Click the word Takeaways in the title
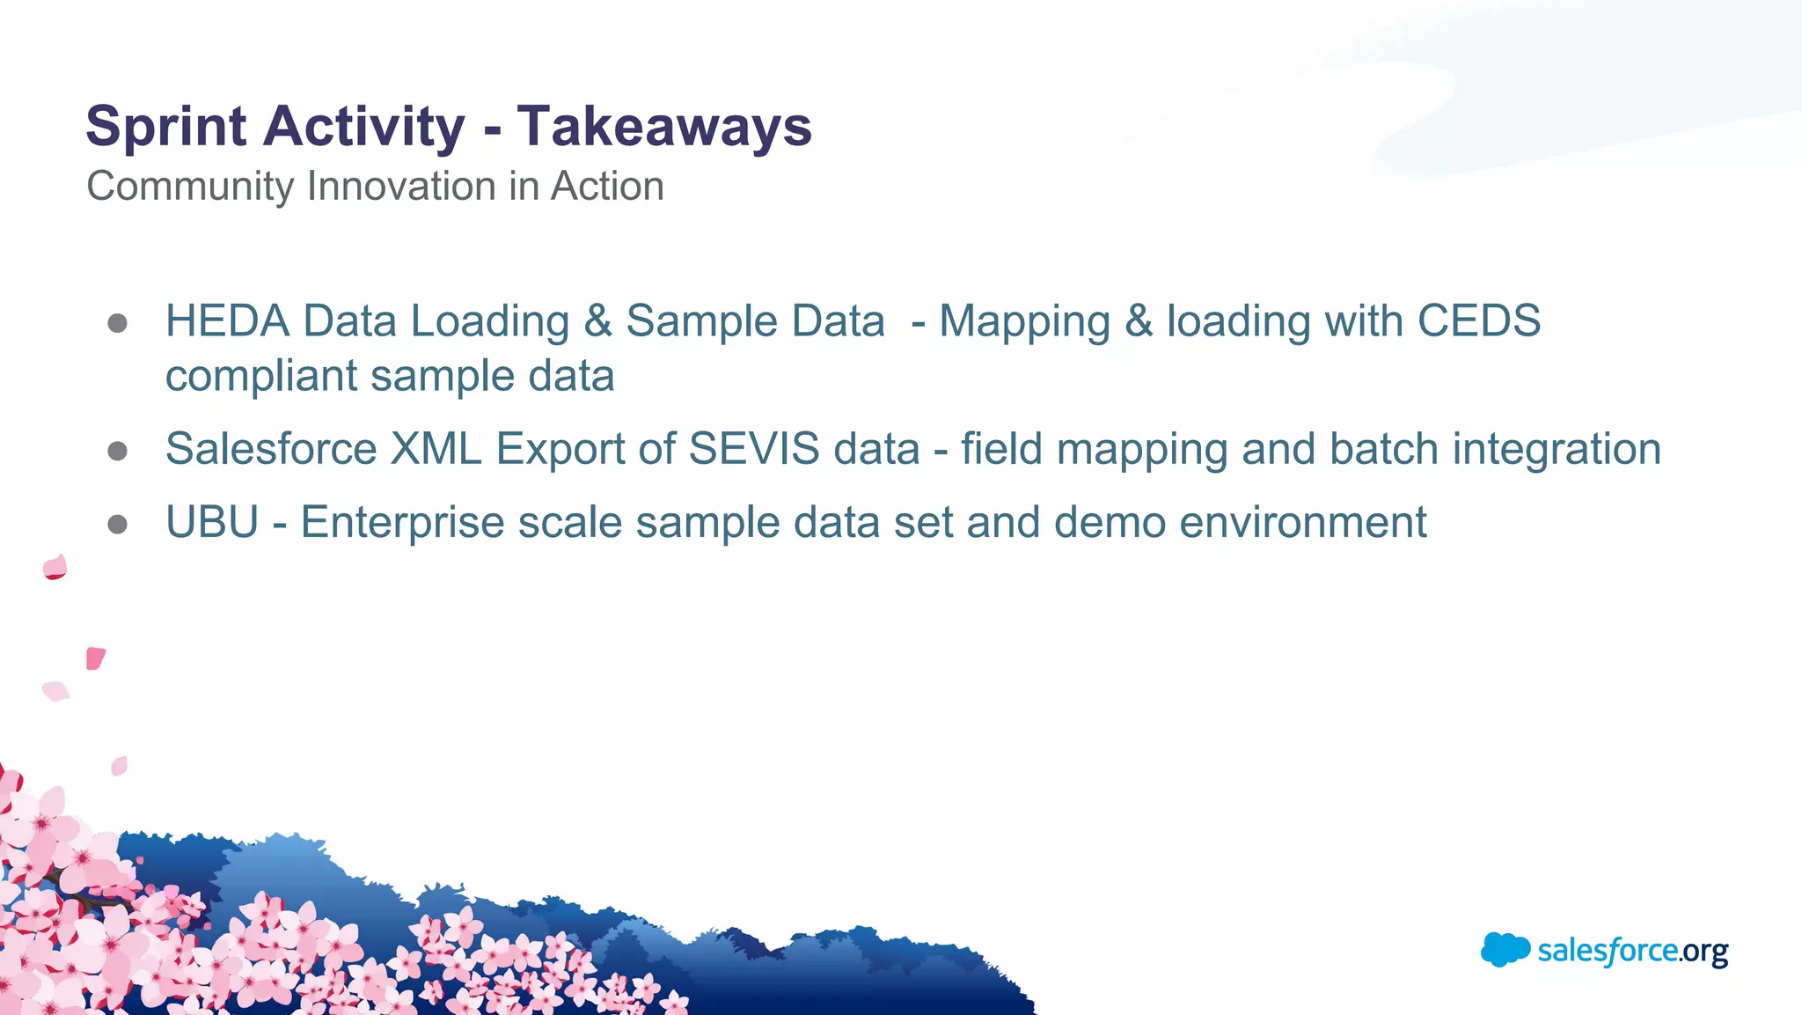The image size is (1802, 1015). [x=663, y=126]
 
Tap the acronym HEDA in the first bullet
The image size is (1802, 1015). [x=227, y=321]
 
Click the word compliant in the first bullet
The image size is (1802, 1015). [x=260, y=377]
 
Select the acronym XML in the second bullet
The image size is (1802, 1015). [x=436, y=449]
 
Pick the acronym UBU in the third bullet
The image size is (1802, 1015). [x=212, y=522]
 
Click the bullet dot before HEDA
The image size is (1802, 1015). [x=117, y=323]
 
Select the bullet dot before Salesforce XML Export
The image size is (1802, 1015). [x=117, y=452]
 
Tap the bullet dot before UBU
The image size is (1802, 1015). [x=117, y=525]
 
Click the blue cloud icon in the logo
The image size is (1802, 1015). [x=1505, y=949]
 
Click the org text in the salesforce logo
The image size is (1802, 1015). [x=1704, y=952]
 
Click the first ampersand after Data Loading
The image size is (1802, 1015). [x=597, y=321]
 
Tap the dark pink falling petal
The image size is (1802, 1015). [x=95, y=658]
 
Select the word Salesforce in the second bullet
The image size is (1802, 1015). [x=271, y=449]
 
